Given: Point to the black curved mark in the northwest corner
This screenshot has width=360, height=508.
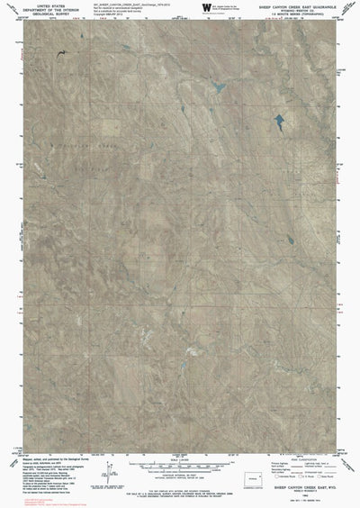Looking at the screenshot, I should [61, 55].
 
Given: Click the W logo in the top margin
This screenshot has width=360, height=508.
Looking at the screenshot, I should [208, 10].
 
